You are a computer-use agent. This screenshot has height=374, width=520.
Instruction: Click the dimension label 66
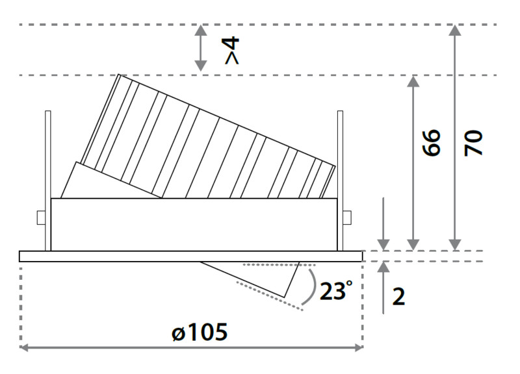click(x=432, y=142)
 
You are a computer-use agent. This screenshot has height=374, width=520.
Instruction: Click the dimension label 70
click(x=473, y=143)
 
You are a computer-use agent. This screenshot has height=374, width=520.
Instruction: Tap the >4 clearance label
click(x=232, y=51)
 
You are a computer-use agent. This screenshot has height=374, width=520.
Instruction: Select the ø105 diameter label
click(x=200, y=332)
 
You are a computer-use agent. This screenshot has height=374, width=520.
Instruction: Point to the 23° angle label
click(x=335, y=290)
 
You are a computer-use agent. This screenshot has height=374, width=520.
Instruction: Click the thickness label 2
click(x=398, y=297)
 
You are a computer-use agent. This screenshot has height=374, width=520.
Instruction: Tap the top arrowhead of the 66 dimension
click(x=413, y=81)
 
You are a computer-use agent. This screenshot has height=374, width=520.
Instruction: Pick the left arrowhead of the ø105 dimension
click(x=25, y=347)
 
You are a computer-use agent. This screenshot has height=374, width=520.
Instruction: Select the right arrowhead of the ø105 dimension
click(x=358, y=347)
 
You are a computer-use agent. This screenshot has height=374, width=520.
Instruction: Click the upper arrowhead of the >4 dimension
click(x=200, y=30)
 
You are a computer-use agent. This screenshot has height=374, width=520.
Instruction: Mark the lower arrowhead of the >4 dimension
click(x=200, y=66)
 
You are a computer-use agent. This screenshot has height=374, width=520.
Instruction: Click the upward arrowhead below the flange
click(x=383, y=267)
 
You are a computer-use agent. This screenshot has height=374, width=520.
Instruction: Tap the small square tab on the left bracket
click(x=41, y=218)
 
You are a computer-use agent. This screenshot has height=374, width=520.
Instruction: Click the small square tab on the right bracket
click(x=347, y=218)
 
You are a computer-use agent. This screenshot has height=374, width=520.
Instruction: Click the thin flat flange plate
click(x=190, y=256)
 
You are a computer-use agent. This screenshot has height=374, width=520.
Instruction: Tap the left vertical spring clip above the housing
click(x=47, y=181)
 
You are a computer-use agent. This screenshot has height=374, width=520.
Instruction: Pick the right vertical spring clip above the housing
click(x=340, y=181)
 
